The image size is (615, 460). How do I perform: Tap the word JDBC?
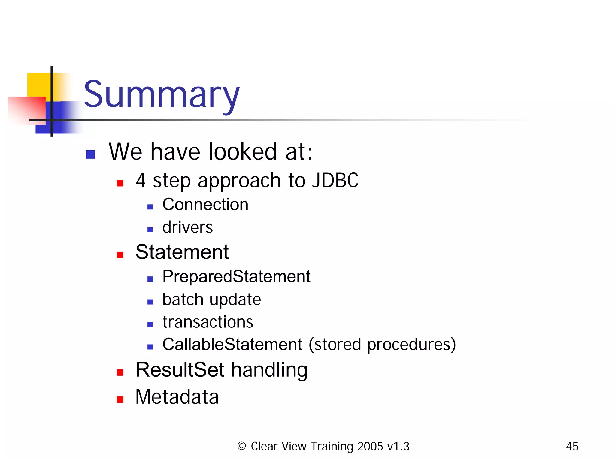[335, 181]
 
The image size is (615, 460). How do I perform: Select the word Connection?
[205, 205]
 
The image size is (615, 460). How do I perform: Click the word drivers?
[187, 227]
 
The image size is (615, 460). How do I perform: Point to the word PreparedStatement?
[236, 276]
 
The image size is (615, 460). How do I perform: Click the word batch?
[183, 299]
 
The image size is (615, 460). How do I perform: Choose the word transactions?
[208, 322]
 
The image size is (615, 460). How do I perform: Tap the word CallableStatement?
[232, 344]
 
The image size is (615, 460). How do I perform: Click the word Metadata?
[177, 397]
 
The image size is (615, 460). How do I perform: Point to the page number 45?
[572, 447]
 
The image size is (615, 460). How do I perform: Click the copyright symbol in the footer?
[241, 446]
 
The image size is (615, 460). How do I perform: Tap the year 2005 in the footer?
[370, 447]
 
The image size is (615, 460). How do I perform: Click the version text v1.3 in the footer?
[398, 447]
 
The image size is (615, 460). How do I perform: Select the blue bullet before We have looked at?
[90, 154]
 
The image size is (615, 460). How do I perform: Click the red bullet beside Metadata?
[120, 399]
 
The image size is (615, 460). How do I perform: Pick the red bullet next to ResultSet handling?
[120, 372]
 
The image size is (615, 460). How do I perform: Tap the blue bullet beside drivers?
[150, 230]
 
